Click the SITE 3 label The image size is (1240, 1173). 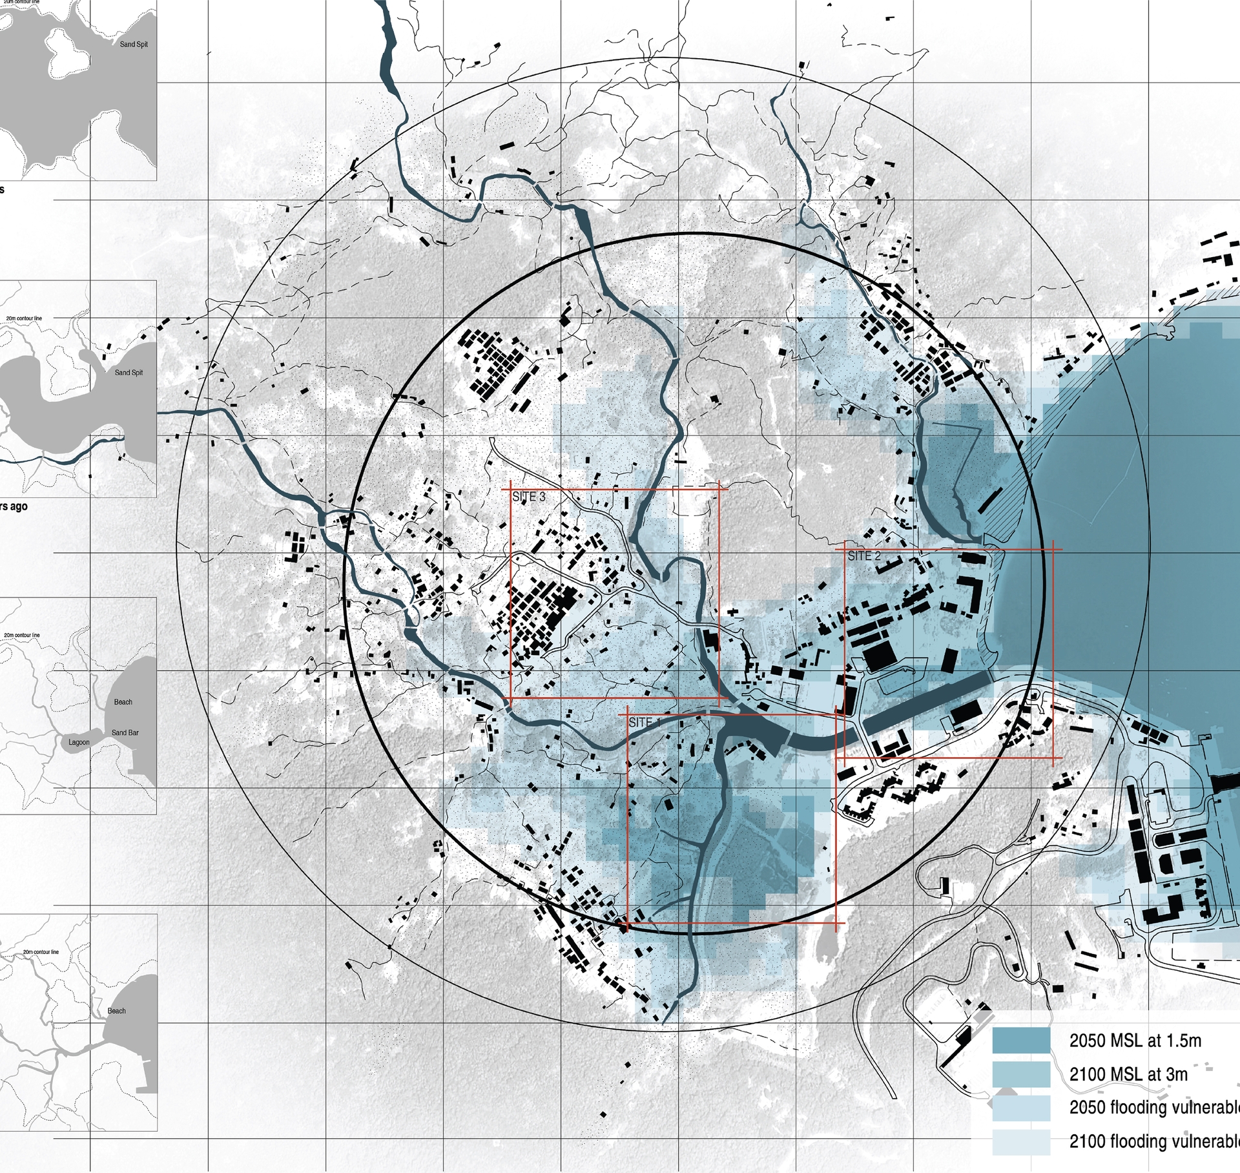coord(528,497)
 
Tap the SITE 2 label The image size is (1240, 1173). coord(863,556)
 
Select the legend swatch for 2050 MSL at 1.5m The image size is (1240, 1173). coord(1021,1041)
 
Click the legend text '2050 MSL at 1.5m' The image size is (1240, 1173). coord(1135,1041)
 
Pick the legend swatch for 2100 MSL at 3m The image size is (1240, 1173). coord(1021,1074)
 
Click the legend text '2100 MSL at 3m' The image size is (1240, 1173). coord(1128,1074)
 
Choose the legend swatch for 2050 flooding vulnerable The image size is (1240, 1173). coord(1021,1108)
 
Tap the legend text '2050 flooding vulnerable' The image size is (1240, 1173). coord(1154,1108)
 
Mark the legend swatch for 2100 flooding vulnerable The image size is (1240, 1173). coord(1021,1141)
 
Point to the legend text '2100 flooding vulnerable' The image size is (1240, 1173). coord(1154,1141)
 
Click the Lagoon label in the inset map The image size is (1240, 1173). coord(79,742)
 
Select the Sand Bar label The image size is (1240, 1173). coord(125,732)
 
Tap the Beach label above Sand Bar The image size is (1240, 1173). coord(123,702)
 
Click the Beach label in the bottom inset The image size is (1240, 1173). coord(116,1011)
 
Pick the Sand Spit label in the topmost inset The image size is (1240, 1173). coord(134,45)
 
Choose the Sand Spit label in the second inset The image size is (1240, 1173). coord(129,373)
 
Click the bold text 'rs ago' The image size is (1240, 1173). coord(14,506)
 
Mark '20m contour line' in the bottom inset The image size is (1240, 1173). coord(41,952)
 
